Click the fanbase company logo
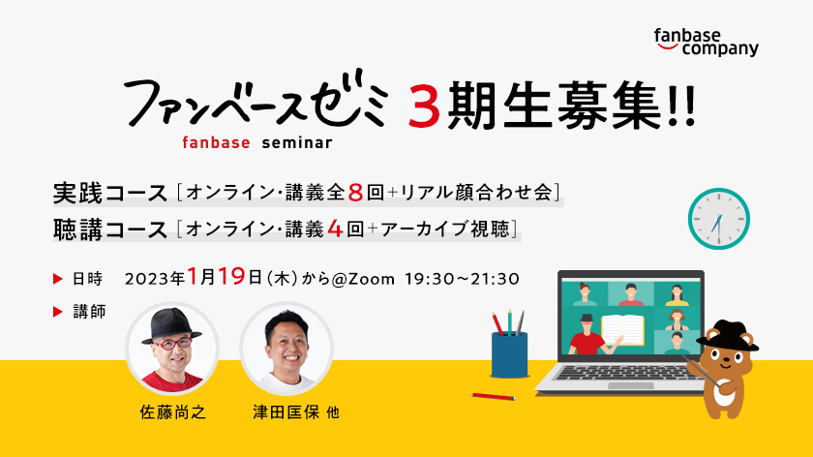click(707, 42)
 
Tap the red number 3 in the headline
click(424, 107)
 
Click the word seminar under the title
click(297, 142)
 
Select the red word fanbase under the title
click(216, 142)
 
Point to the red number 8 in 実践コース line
click(355, 193)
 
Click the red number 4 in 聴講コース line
click(336, 228)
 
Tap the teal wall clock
click(718, 219)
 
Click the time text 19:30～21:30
click(462, 279)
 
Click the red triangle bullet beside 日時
click(57, 279)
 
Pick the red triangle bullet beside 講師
click(57, 312)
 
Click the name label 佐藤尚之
click(172, 412)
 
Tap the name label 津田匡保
click(286, 412)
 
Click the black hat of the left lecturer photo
click(171, 325)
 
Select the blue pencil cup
click(509, 354)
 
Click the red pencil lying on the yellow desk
click(493, 397)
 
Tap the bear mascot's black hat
click(727, 336)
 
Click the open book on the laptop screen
click(622, 330)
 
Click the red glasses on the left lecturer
click(172, 343)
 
